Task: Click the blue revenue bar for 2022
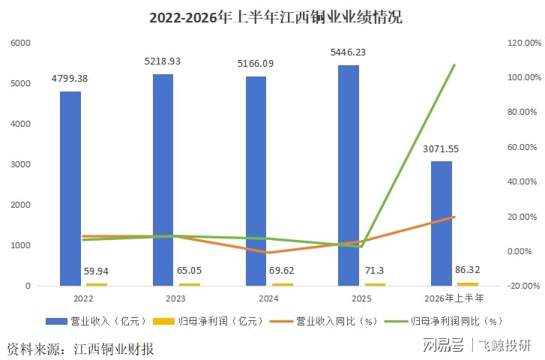click(x=70, y=188)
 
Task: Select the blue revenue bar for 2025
click(x=349, y=175)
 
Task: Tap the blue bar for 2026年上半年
click(x=442, y=223)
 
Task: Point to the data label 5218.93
click(x=163, y=61)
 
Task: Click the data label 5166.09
click(x=256, y=64)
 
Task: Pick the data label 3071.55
click(x=441, y=148)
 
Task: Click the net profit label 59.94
click(x=96, y=271)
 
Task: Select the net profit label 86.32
click(x=468, y=269)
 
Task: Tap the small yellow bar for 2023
click(x=190, y=284)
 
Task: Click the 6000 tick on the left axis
click(x=20, y=43)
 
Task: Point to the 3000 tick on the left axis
click(x=20, y=164)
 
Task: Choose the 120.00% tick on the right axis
click(x=525, y=43)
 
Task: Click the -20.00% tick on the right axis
click(x=524, y=286)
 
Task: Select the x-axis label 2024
click(x=268, y=298)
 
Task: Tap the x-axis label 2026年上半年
click(x=454, y=298)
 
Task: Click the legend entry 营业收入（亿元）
click(x=96, y=321)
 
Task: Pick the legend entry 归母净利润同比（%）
click(x=444, y=321)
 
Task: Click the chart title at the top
click(x=276, y=17)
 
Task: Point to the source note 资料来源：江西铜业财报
click(x=80, y=349)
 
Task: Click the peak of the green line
click(x=454, y=64)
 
